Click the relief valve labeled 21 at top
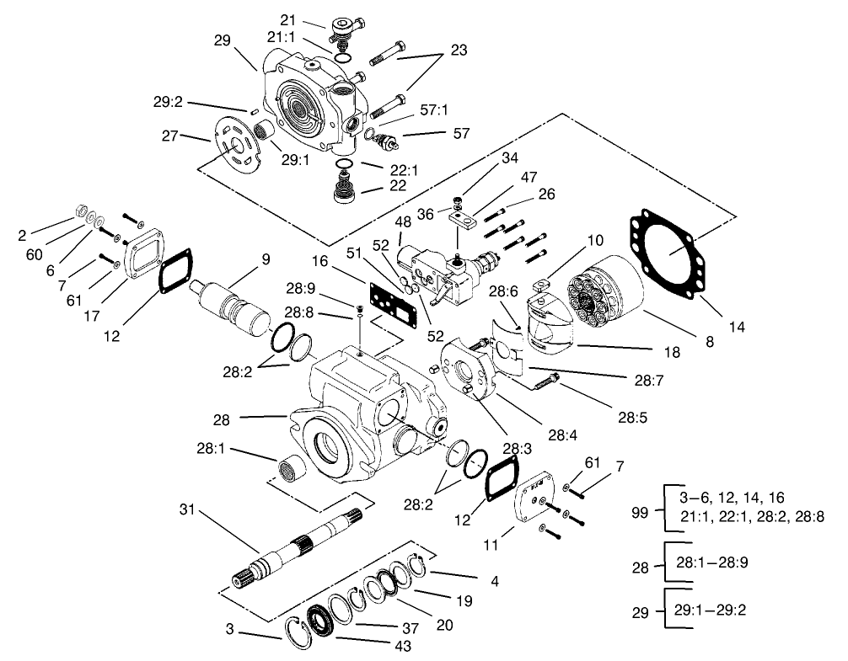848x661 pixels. pyautogui.click(x=344, y=29)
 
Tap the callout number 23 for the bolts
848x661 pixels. pyautogui.click(x=459, y=50)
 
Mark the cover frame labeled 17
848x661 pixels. pyautogui.click(x=147, y=253)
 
